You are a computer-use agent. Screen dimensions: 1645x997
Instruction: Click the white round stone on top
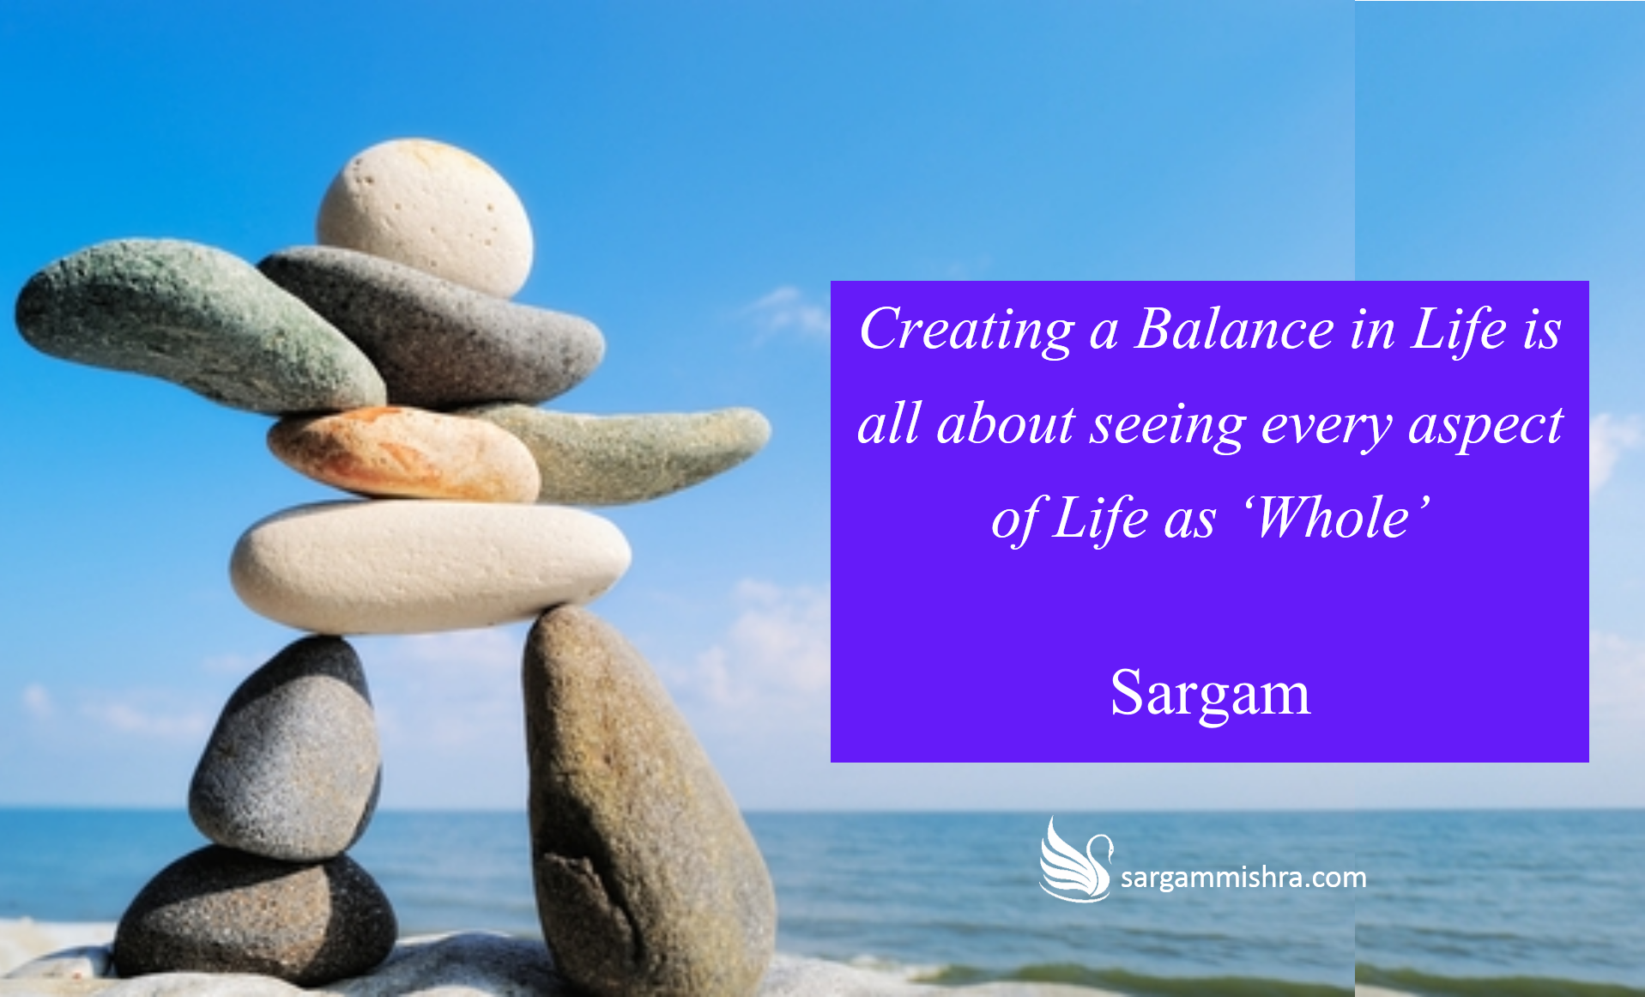pyautogui.click(x=425, y=216)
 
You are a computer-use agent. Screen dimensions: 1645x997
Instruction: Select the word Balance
pyautogui.click(x=1234, y=328)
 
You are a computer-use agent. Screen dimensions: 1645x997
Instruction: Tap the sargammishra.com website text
pyautogui.click(x=1243, y=878)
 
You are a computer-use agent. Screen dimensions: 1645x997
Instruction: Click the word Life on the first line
pyautogui.click(x=1459, y=328)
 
